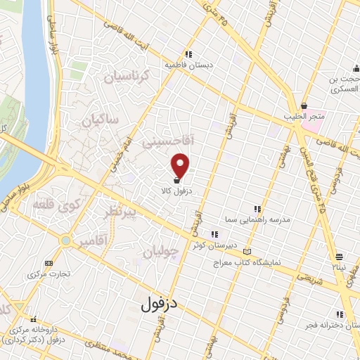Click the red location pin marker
click(181, 165)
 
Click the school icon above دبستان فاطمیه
click(188, 53)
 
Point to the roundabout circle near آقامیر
click(65, 241)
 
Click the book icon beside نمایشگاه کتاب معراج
click(245, 252)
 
